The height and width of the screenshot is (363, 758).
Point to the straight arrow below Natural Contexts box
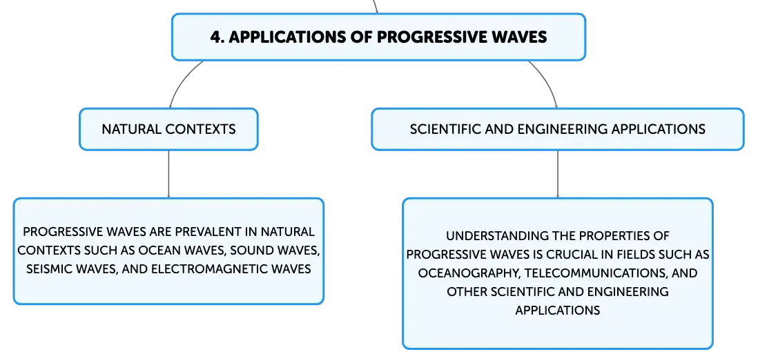[x=168, y=174]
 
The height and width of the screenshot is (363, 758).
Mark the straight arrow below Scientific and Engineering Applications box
[x=557, y=174]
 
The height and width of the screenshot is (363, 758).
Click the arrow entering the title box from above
[x=376, y=6]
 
